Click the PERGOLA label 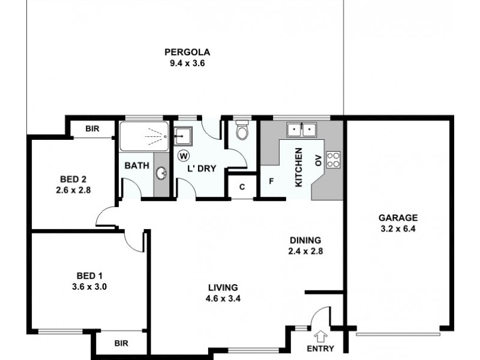[188, 52]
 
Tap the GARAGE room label [397, 218]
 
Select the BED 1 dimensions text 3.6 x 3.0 [89, 286]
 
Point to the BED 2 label [74, 178]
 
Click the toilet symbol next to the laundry [242, 131]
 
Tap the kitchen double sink [302, 128]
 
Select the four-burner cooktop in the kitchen [333, 159]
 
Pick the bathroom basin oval [161, 174]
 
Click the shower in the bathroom [144, 136]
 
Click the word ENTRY [320, 349]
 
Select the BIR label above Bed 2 [92, 128]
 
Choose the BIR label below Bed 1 [122, 344]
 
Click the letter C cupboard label [242, 187]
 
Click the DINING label [305, 239]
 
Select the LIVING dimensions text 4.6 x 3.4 [224, 298]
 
